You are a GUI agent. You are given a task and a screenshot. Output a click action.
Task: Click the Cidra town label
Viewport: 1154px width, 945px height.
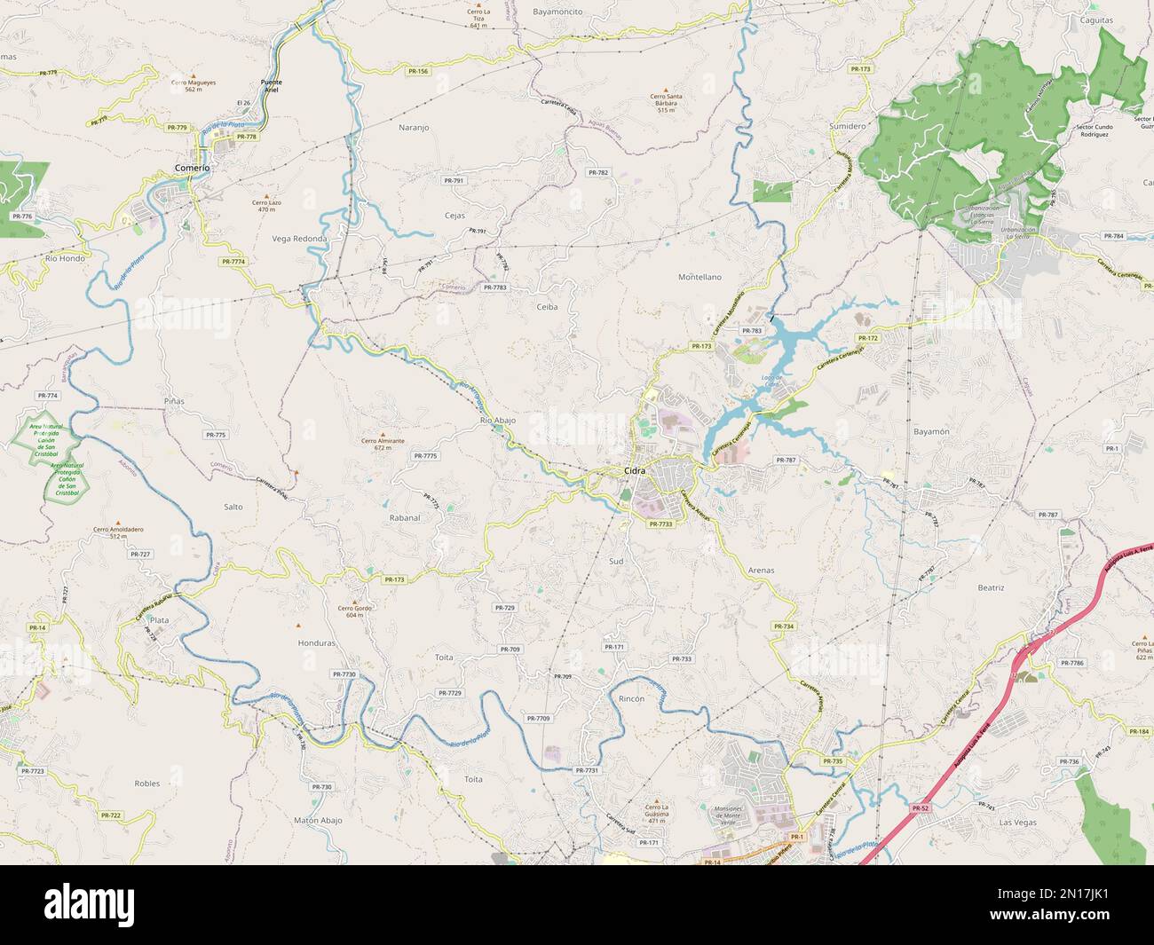(635, 470)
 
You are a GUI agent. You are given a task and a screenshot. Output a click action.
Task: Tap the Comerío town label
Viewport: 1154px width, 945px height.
(193, 168)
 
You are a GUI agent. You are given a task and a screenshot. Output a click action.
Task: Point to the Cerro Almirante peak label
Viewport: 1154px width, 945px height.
(383, 444)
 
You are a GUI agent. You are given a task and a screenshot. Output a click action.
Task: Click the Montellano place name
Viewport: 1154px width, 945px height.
(700, 277)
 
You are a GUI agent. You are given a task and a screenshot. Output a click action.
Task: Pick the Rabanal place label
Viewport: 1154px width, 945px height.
(404, 516)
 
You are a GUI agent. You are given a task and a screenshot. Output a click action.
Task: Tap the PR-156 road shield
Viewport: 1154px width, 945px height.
(418, 71)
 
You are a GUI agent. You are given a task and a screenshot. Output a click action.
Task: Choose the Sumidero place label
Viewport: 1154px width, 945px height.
(847, 126)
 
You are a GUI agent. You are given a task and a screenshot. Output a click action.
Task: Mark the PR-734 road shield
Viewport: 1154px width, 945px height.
(783, 626)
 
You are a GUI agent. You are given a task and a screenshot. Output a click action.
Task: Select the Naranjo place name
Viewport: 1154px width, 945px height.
(414, 128)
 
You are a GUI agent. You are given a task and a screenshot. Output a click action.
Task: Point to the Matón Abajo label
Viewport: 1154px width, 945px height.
(318, 821)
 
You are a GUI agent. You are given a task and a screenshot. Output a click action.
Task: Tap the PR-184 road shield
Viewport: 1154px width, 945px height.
(1139, 731)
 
